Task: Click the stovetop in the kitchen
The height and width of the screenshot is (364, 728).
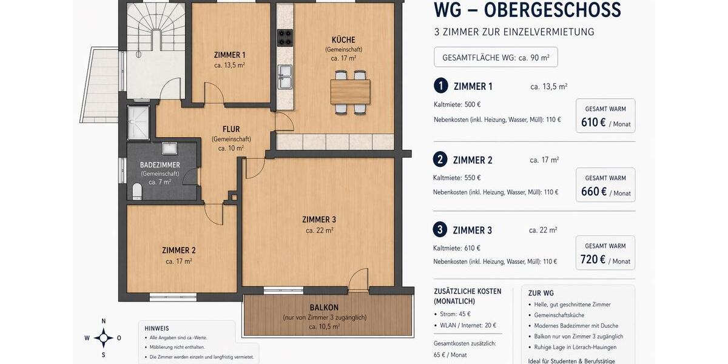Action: [285, 38]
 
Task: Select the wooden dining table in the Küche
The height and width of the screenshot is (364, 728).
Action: [350, 92]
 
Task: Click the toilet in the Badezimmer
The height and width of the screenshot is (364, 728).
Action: [137, 192]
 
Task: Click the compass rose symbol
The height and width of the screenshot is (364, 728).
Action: [103, 337]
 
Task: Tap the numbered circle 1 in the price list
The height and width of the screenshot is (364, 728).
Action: [441, 86]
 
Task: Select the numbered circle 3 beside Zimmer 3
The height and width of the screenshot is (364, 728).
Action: [440, 230]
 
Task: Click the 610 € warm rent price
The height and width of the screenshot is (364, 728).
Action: [593, 122]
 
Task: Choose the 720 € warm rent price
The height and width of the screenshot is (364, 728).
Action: [593, 260]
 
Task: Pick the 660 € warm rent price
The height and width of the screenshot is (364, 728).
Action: [594, 192]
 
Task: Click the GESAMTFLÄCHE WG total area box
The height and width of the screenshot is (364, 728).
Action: [496, 58]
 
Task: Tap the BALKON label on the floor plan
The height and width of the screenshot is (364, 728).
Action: [324, 308]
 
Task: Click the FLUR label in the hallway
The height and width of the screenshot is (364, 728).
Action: [231, 129]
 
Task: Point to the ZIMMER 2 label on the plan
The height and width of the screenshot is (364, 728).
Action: [178, 250]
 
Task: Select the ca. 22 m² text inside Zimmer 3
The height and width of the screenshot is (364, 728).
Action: [319, 231]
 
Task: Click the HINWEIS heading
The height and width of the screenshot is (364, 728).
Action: [157, 328]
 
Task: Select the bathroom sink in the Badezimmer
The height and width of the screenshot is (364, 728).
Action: [169, 149]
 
